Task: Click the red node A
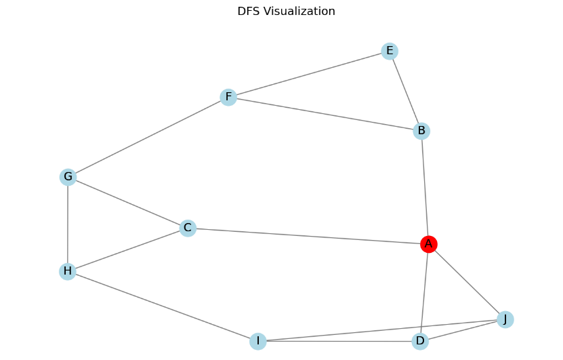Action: pos(428,244)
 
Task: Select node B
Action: pos(421,131)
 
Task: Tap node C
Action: pos(188,228)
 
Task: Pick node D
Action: pos(420,341)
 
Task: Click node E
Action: pos(389,51)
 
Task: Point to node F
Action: pos(228,98)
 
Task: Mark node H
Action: pos(67,272)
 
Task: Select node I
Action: pos(257,341)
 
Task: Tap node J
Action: pos(505,319)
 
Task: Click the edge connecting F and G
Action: pos(148,138)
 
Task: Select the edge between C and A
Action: pos(308,236)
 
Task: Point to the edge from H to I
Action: pos(162,306)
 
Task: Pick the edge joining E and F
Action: pos(308,75)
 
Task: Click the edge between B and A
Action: pos(425,187)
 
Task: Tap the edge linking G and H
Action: pos(68,224)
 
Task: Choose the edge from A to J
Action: pos(466,281)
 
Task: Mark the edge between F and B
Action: pos(325,114)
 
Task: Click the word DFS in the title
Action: pos(248,12)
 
